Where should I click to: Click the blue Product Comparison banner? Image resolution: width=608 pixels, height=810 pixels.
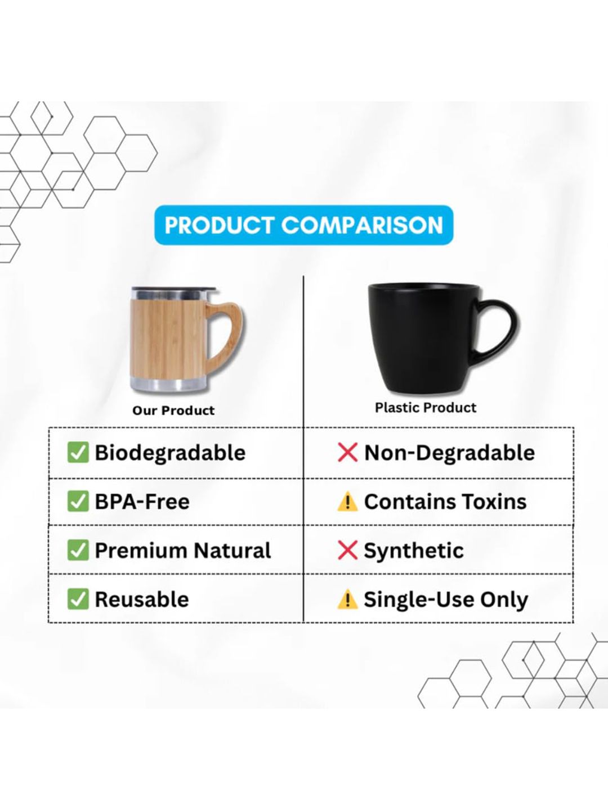coord(303,225)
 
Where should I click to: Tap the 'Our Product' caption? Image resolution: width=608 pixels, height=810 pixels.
coord(173,411)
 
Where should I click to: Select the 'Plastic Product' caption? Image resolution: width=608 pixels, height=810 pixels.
coord(426,407)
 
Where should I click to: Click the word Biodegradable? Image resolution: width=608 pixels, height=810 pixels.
coord(170,453)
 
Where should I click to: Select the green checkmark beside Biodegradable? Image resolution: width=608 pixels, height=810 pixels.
coord(78,452)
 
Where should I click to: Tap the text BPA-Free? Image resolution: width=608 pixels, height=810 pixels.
coord(142,502)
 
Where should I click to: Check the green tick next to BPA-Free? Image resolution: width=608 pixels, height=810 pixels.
coord(78,501)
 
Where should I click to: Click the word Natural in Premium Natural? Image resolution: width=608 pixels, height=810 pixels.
coord(233,550)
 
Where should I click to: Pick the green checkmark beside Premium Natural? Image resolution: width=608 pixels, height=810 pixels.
coord(78,550)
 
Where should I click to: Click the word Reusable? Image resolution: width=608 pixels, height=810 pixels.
coord(142,599)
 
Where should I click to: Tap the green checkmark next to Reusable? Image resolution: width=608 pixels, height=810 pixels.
coord(78,599)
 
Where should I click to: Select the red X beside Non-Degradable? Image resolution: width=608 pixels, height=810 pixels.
coord(347,452)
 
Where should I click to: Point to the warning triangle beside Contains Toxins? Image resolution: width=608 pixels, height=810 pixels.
coord(347,502)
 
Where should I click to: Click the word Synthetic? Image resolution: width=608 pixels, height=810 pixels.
coord(414,551)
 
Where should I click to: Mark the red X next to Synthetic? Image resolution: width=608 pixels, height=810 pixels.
coord(347,550)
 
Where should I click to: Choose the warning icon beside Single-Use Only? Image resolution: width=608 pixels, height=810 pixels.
coord(347,600)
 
